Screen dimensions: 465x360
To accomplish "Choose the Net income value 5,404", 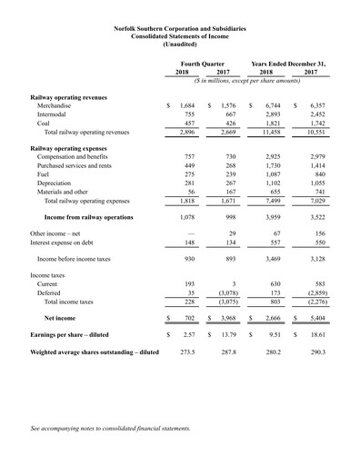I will [317, 396].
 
